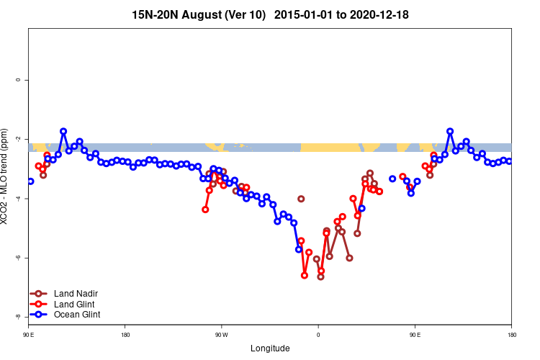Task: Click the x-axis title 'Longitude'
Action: (270, 348)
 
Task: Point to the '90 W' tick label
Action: (221, 335)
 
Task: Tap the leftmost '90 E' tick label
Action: (29, 335)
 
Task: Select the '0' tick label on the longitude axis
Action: (318, 335)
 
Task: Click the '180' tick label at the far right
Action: (511, 335)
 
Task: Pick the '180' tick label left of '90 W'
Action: (125, 335)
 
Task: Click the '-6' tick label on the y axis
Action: (18, 258)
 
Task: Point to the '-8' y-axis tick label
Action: (18, 317)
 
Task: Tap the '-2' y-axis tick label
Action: (18, 139)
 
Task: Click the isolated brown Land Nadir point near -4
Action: (301, 199)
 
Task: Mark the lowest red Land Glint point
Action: (305, 275)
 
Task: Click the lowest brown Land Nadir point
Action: (320, 276)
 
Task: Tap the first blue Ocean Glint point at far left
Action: (30, 181)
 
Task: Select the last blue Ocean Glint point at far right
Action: (509, 161)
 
